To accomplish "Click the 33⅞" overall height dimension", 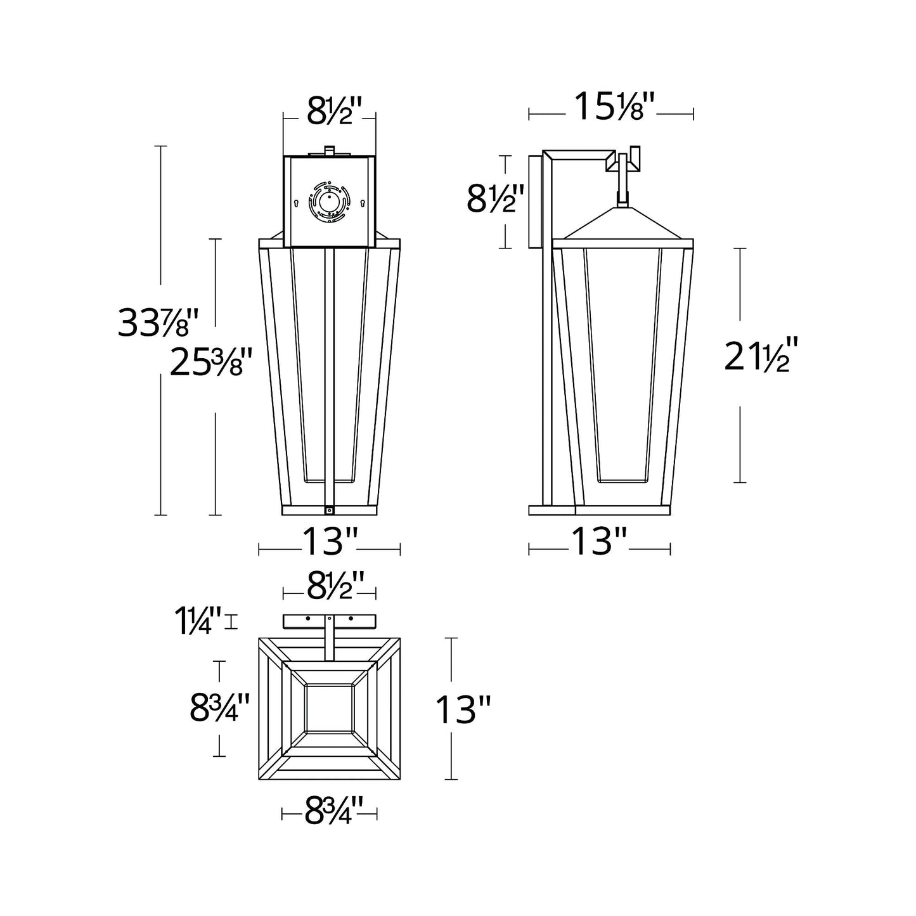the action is (157, 322).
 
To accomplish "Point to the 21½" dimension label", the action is (757, 354).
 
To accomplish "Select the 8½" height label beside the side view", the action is (495, 199).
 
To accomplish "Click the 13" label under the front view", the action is (330, 541).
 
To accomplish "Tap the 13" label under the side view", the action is (599, 541).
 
